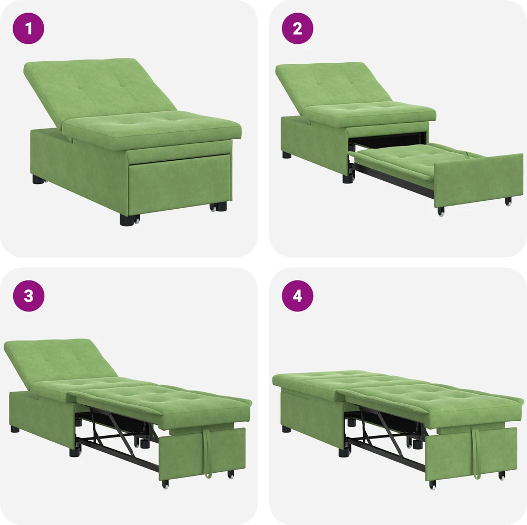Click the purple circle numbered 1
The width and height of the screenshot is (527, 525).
click(x=28, y=28)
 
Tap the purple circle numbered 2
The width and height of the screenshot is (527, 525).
click(x=297, y=28)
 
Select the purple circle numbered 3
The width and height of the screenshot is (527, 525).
click(x=28, y=296)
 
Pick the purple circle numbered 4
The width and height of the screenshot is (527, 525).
click(x=297, y=296)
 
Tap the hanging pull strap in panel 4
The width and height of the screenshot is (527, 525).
click(x=475, y=452)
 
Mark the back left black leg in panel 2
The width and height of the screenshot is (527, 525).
click(x=287, y=154)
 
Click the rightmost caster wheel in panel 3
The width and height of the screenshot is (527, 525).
click(x=231, y=474)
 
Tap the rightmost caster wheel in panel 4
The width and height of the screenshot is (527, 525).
click(x=502, y=476)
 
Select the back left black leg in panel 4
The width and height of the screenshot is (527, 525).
click(x=287, y=429)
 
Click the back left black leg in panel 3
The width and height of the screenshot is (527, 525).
click(x=15, y=429)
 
